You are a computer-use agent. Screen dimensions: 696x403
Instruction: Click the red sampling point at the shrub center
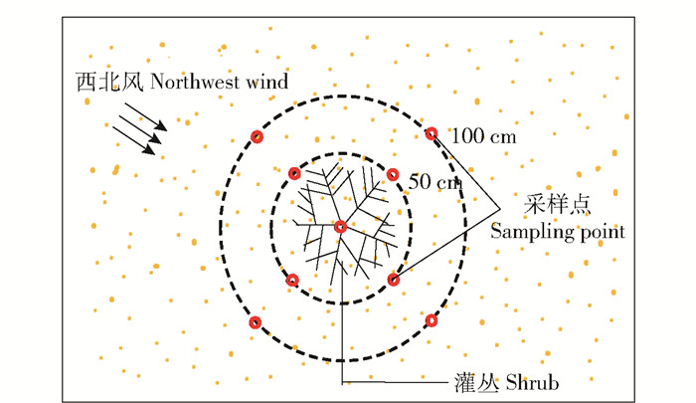point(341,227)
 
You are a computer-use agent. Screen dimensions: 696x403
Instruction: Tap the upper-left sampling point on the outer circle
point(257,137)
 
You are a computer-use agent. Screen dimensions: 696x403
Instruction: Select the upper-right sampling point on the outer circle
point(432,133)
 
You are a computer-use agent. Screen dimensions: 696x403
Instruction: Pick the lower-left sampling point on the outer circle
point(256,321)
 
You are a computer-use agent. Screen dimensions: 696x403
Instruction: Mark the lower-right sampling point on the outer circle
point(431,320)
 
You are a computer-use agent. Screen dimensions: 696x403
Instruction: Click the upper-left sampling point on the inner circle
point(294,174)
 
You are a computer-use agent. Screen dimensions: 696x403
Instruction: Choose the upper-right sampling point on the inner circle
point(393,174)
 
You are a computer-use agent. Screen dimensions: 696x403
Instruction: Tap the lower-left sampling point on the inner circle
point(292,280)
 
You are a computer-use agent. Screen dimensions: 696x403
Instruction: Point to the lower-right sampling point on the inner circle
point(394,280)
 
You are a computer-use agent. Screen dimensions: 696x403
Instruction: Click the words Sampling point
point(558,232)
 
